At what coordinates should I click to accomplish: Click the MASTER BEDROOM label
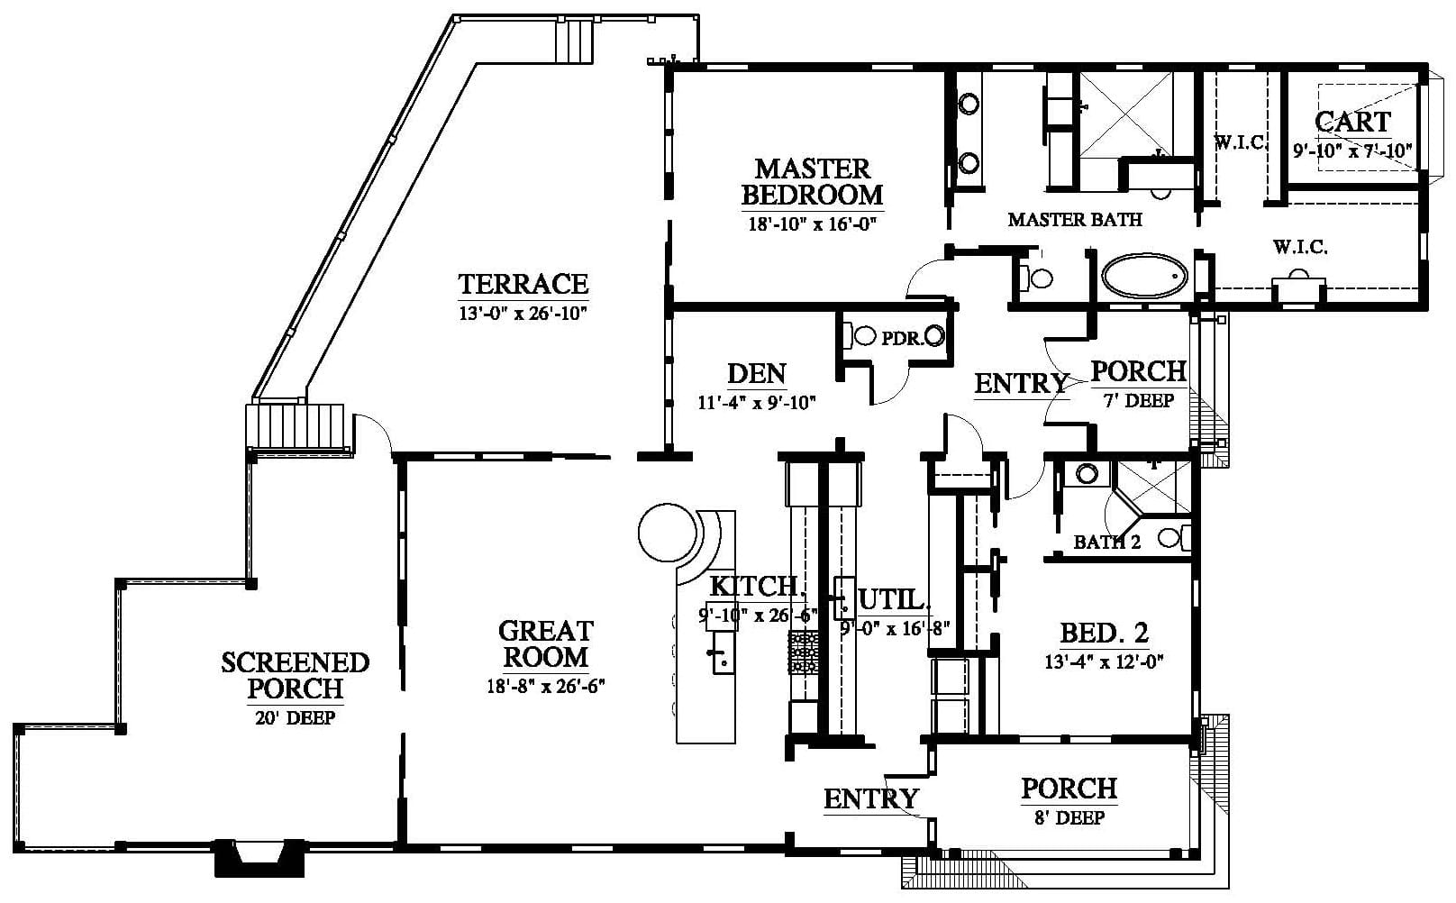pyautogui.click(x=813, y=182)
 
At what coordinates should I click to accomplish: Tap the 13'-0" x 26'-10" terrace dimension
pyautogui.click(x=523, y=314)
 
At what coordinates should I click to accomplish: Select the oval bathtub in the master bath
pyautogui.click(x=1144, y=276)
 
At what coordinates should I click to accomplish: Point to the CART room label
pyautogui.click(x=1353, y=122)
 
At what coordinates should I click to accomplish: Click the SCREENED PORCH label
pyautogui.click(x=296, y=676)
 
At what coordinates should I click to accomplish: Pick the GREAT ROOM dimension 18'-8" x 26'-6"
pyautogui.click(x=546, y=686)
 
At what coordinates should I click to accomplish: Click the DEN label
pyautogui.click(x=757, y=374)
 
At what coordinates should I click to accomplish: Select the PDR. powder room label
pyautogui.click(x=902, y=338)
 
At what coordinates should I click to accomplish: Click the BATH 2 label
pyautogui.click(x=1107, y=543)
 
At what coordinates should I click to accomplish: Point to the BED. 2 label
pyautogui.click(x=1105, y=633)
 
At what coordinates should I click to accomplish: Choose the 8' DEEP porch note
pyautogui.click(x=1069, y=817)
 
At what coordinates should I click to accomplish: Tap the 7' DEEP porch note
pyautogui.click(x=1139, y=400)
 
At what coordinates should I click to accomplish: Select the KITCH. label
pyautogui.click(x=758, y=587)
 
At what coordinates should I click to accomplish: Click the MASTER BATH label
pyautogui.click(x=1075, y=220)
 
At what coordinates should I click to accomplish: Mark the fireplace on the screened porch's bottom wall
pyautogui.click(x=259, y=858)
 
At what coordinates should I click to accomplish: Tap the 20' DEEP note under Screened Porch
pyautogui.click(x=296, y=717)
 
